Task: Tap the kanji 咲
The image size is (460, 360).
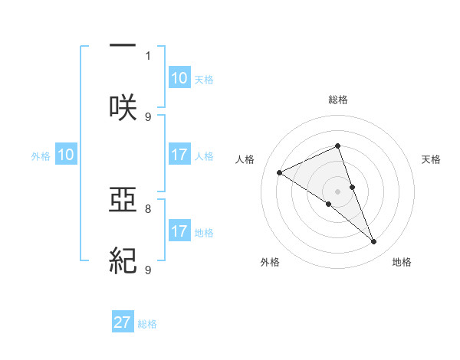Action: [122, 107]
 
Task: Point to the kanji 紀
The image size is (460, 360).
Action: [122, 261]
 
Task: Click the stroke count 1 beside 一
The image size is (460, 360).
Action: [148, 55]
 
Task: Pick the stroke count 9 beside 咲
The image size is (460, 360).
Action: [148, 116]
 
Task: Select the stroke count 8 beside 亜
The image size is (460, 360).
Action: [148, 208]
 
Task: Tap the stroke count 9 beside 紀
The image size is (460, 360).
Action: [148, 270]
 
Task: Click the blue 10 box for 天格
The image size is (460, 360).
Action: [179, 78]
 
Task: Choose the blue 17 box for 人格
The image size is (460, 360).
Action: [179, 155]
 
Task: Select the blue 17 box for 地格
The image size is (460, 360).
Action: [179, 231]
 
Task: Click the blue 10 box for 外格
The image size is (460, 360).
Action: [66, 155]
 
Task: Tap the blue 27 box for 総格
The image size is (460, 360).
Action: [123, 322]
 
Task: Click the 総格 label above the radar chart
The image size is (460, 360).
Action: [338, 100]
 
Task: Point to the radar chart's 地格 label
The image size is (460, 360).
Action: [402, 262]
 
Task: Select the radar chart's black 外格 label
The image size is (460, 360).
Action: [270, 262]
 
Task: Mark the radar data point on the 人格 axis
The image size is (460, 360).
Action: [280, 173]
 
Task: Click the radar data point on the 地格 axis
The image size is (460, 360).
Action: [374, 242]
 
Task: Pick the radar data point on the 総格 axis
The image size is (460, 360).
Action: [338, 146]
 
